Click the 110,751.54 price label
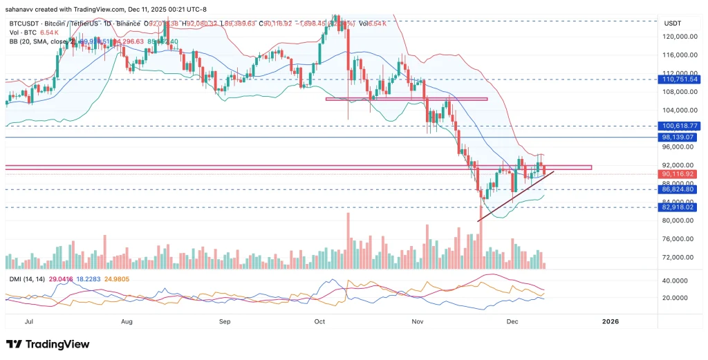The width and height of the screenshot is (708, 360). [681, 80]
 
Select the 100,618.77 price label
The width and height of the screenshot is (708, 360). [681, 126]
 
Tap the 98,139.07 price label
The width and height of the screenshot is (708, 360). [681, 138]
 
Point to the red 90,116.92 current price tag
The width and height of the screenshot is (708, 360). [681, 174]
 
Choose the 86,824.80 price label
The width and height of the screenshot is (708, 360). [681, 189]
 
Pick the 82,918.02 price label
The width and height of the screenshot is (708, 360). [681, 207]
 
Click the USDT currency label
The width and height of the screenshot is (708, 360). [673, 23]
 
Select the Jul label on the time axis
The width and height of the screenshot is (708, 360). [29, 321]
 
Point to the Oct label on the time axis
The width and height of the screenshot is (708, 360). [319, 321]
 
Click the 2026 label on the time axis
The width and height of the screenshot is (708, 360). [611, 321]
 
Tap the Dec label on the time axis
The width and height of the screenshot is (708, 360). [512, 321]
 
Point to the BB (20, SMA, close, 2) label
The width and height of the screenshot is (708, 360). [41, 41]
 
